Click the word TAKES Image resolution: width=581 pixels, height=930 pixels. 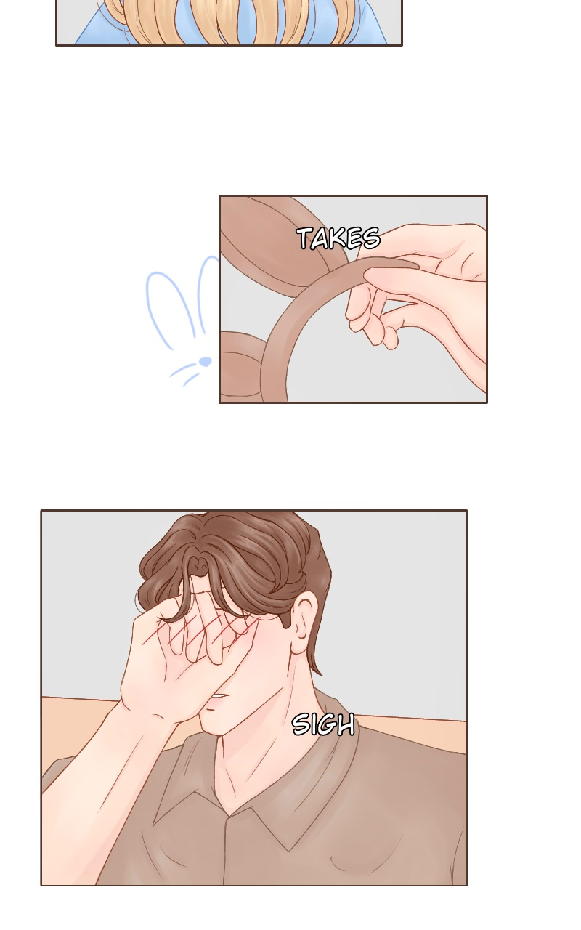(x=338, y=238)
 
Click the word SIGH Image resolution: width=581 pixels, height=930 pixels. (x=324, y=724)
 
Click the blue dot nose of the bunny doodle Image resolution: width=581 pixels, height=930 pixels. (x=206, y=362)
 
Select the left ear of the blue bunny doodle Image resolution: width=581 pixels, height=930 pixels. (x=166, y=310)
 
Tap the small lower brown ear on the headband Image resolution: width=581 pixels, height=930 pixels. (x=240, y=365)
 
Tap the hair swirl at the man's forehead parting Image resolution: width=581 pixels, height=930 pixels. (x=198, y=565)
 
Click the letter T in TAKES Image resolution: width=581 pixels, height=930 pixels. (x=305, y=238)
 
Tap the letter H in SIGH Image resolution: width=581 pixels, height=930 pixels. (x=346, y=725)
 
